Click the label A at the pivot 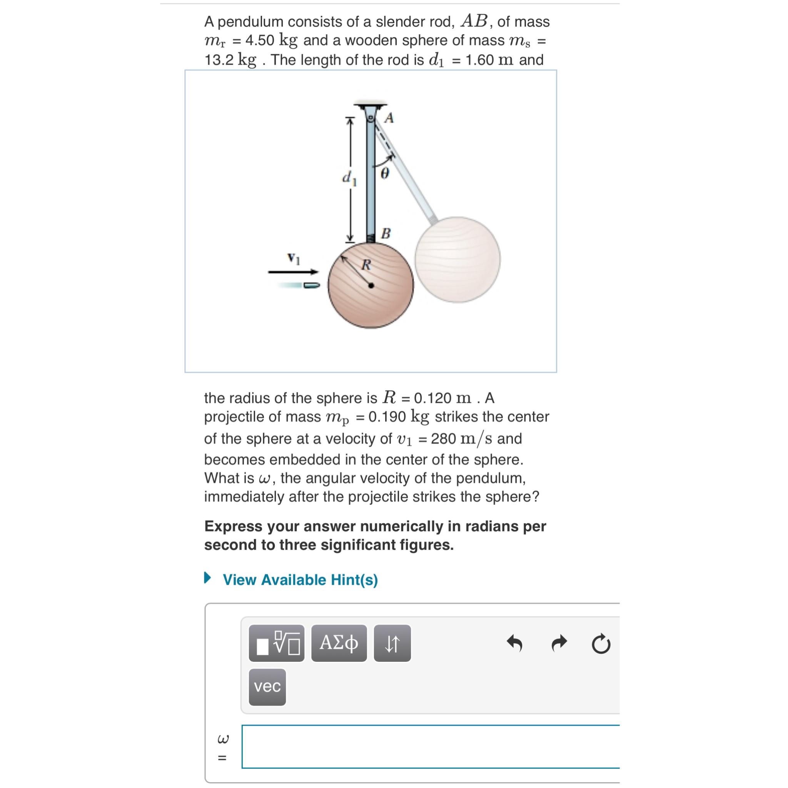tap(389, 118)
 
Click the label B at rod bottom tap(386, 234)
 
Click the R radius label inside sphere tap(366, 265)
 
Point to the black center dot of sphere tap(371, 286)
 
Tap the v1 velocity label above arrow tap(293, 258)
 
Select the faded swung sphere tap(457, 260)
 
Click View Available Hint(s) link tap(300, 579)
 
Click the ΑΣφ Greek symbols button tap(339, 643)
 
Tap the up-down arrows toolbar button tap(392, 643)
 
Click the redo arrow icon tap(559, 644)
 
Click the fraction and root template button tap(277, 643)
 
